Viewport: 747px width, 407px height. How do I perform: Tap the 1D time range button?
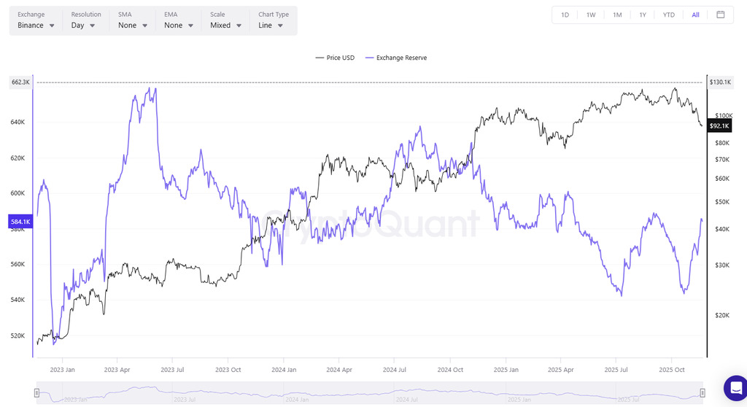pos(565,15)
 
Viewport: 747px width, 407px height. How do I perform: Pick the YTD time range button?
pos(668,15)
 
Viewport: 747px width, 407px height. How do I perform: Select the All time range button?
pos(695,15)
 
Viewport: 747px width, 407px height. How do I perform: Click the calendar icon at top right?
pos(720,15)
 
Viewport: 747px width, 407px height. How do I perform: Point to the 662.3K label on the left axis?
pos(20,82)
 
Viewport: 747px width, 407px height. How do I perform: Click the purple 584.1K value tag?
pos(20,221)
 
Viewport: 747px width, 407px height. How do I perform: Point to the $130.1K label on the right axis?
pos(720,82)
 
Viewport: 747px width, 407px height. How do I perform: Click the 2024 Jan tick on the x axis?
pos(283,369)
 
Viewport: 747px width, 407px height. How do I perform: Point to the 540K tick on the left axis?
pos(18,300)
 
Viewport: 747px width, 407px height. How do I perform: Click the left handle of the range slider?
pos(36,393)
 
